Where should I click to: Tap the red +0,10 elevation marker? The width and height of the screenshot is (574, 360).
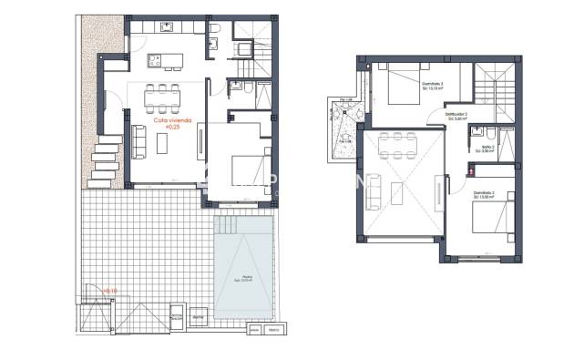(109, 291)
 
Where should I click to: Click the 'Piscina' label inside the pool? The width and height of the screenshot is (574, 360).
(247, 279)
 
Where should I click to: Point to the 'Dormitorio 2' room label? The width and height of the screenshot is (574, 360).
(483, 194)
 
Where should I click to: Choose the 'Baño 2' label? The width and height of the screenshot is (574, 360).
(487, 147)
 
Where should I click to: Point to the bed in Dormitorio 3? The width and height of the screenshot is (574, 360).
(402, 87)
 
